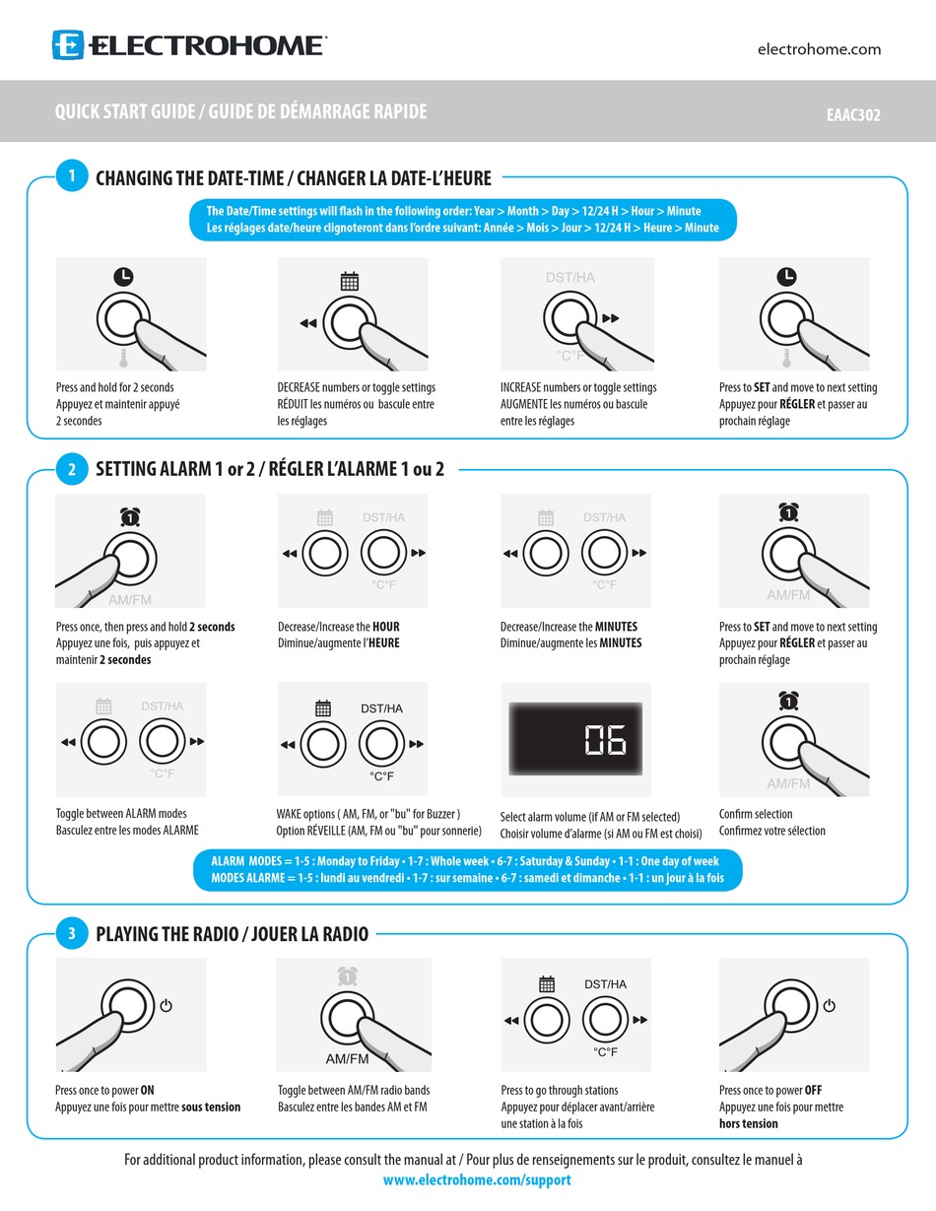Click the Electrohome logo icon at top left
[x=68, y=45]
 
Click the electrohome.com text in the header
[x=819, y=49]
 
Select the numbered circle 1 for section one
[x=71, y=177]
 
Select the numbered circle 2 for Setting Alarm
[x=71, y=470]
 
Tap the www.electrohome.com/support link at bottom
[x=477, y=1179]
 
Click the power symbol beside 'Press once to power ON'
[x=166, y=1006]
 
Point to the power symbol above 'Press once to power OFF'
[x=830, y=1006]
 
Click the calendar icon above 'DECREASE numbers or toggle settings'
[x=350, y=282]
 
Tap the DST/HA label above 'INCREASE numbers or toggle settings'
[x=570, y=278]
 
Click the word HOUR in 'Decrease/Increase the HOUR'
[x=386, y=627]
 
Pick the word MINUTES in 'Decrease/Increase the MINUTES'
[x=618, y=627]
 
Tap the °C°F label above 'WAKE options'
[x=381, y=776]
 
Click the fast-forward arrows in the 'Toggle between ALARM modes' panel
[x=197, y=741]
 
